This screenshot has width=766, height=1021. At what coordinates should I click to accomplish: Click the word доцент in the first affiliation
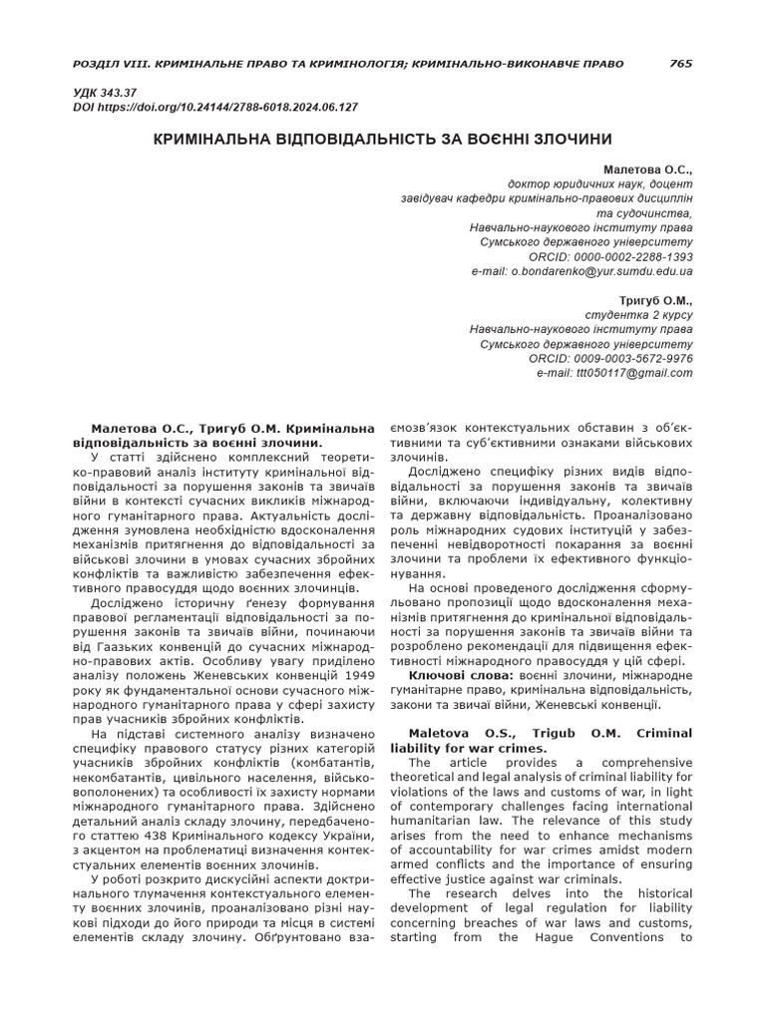click(670, 184)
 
